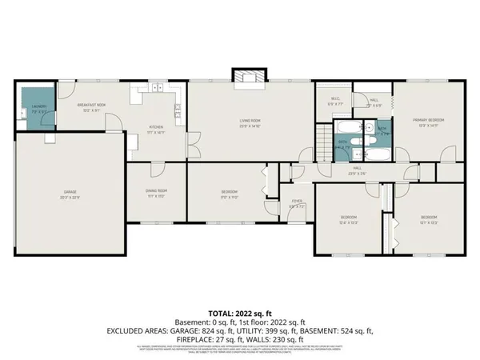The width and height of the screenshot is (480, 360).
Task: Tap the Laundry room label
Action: click(x=39, y=108)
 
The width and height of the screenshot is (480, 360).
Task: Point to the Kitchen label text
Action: click(x=156, y=130)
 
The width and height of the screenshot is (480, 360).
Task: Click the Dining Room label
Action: click(x=156, y=192)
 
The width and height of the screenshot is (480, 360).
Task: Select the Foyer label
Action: click(x=296, y=205)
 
